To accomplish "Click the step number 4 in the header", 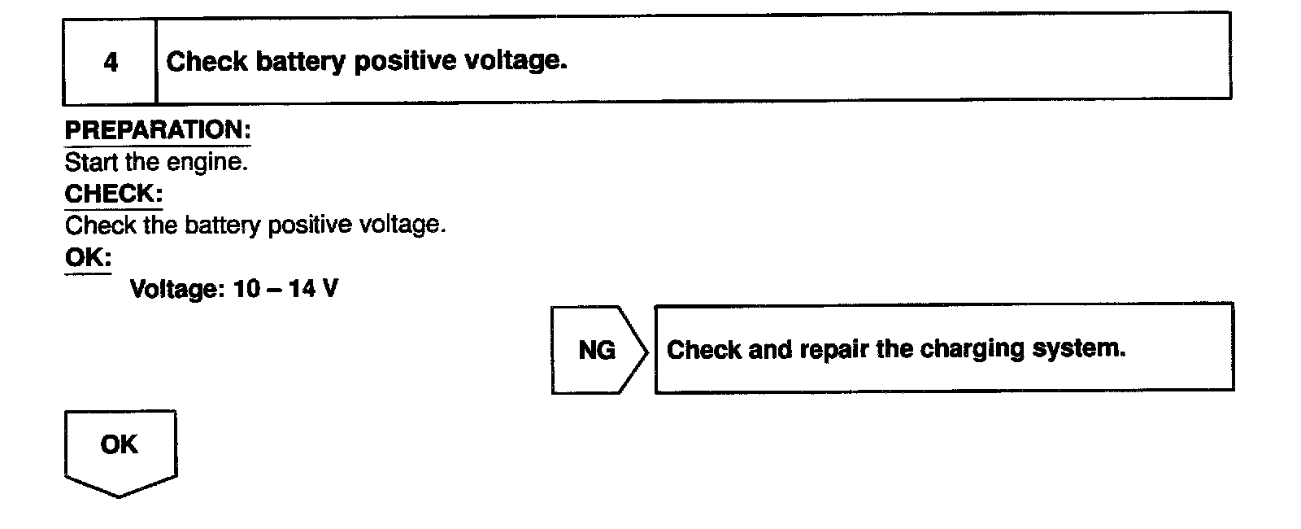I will coord(111,62).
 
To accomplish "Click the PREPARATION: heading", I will coord(158,130).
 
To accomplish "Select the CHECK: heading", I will coord(114,194).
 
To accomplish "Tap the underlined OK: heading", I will coord(88,257).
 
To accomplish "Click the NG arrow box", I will coord(598,350).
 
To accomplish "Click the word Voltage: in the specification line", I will coord(176,289).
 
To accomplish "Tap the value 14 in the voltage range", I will coord(301,289).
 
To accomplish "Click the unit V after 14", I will coord(329,289).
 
